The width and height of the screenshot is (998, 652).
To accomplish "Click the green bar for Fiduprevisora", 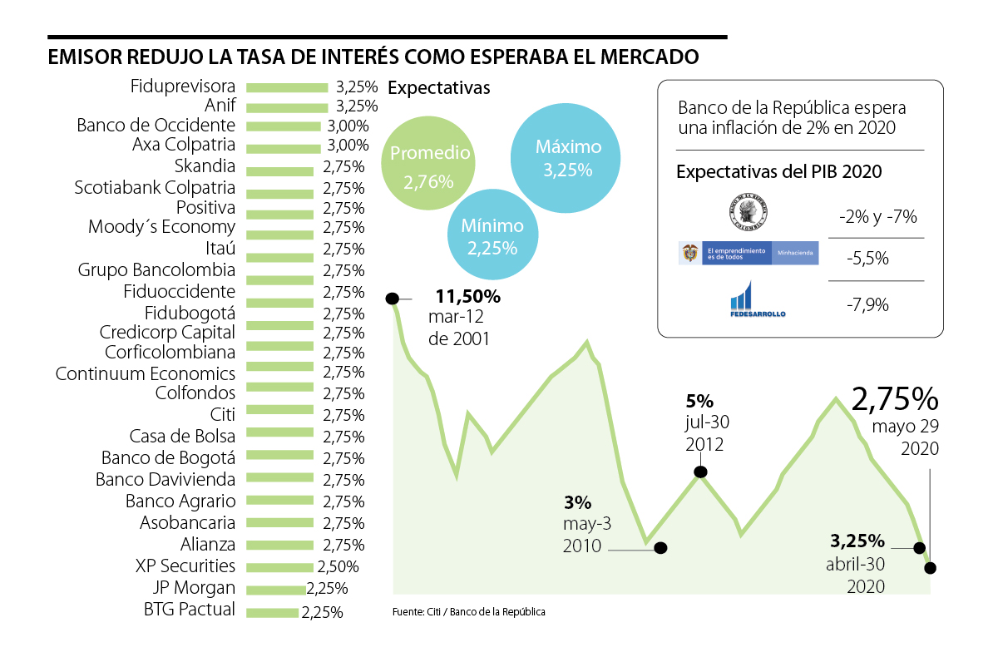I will (x=287, y=86).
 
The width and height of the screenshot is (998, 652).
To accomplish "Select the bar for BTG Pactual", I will (x=273, y=613).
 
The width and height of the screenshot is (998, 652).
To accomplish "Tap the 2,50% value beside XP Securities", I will (x=338, y=567).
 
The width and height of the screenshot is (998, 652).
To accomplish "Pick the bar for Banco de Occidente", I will (x=284, y=126).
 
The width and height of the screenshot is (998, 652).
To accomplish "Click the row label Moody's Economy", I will (x=162, y=227).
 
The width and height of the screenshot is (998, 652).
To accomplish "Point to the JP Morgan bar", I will (x=276, y=590).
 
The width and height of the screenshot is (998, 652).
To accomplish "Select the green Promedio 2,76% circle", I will (x=428, y=165).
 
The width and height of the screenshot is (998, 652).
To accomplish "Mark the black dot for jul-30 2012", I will (x=700, y=472).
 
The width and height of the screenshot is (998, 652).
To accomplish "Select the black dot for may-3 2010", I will (x=661, y=548).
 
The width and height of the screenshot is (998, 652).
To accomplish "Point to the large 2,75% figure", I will (x=895, y=399).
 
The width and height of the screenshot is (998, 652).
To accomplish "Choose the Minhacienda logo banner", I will (x=748, y=253).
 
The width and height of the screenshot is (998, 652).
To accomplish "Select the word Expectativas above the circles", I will (x=439, y=87).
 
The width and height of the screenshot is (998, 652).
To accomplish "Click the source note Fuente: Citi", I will (x=468, y=612).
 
